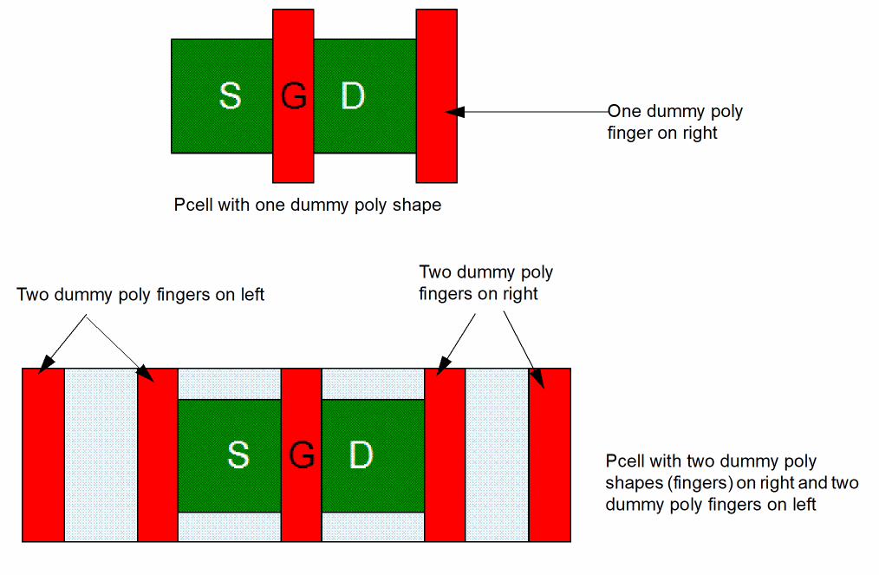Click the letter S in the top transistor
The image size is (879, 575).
[230, 95]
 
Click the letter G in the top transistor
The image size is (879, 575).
[294, 95]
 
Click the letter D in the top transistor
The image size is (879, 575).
[353, 95]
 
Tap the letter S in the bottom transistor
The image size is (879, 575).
[238, 454]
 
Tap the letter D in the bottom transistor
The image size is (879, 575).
[361, 454]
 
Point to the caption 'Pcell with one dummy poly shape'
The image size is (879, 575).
[308, 206]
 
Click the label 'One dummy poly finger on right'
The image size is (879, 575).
[674, 122]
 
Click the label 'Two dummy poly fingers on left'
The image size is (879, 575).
[140, 295]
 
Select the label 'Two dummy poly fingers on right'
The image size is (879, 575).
[485, 283]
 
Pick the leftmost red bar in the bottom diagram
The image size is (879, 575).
[42, 454]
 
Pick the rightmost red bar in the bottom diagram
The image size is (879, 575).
[550, 454]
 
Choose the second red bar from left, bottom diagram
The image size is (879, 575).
[158, 454]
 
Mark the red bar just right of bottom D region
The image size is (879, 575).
[445, 454]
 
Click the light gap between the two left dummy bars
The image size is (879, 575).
[101, 454]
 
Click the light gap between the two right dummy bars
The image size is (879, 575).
[498, 454]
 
